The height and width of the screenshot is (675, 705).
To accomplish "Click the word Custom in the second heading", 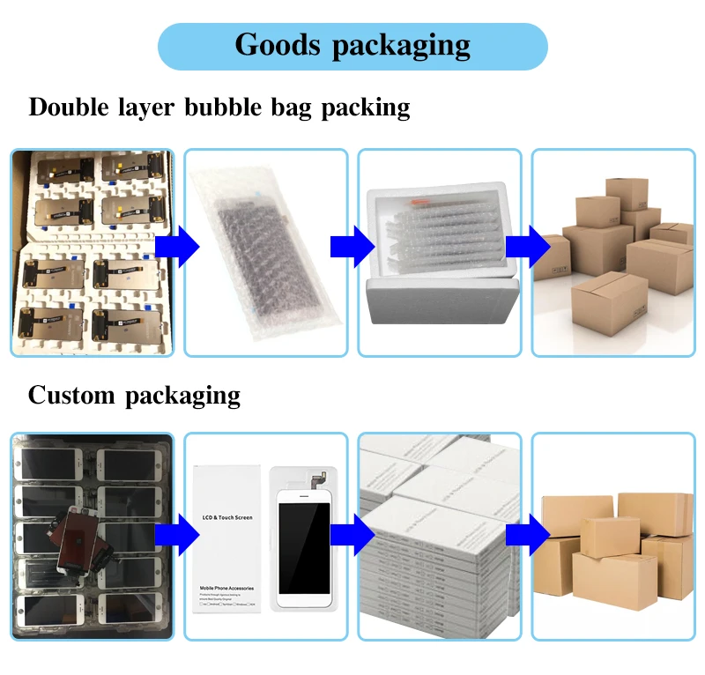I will pyautogui.click(x=72, y=395).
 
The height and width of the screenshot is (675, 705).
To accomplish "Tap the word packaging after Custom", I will pyautogui.click(x=182, y=396).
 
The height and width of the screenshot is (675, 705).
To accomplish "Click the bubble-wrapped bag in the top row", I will pyautogui.click(x=261, y=252).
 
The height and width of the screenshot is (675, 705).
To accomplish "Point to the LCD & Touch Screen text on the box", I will pyautogui.click(x=227, y=517).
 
